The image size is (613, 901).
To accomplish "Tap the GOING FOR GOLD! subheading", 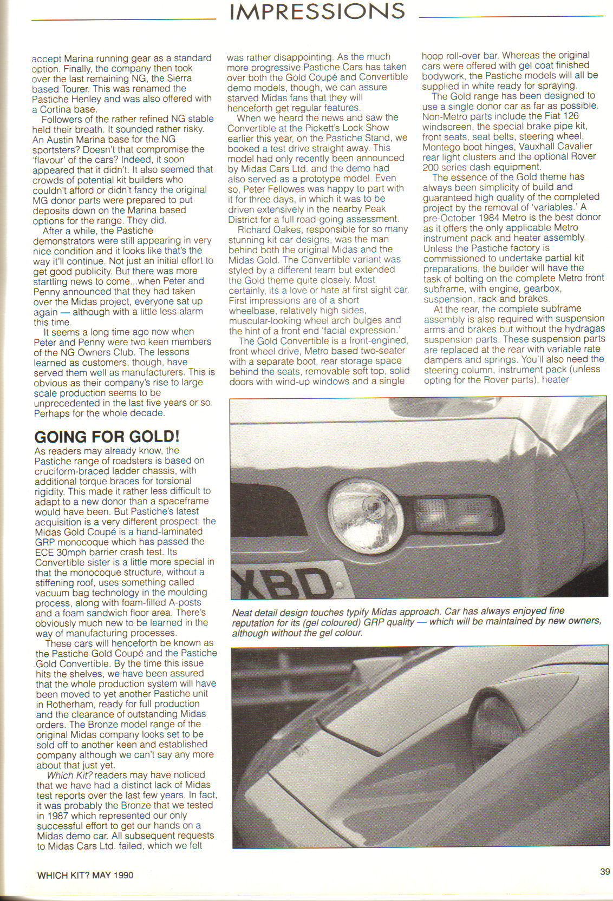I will click(107, 437).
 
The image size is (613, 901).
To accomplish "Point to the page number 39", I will click(605, 871).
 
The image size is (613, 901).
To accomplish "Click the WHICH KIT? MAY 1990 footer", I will click(85, 874).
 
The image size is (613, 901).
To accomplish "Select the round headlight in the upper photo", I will click(362, 507).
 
